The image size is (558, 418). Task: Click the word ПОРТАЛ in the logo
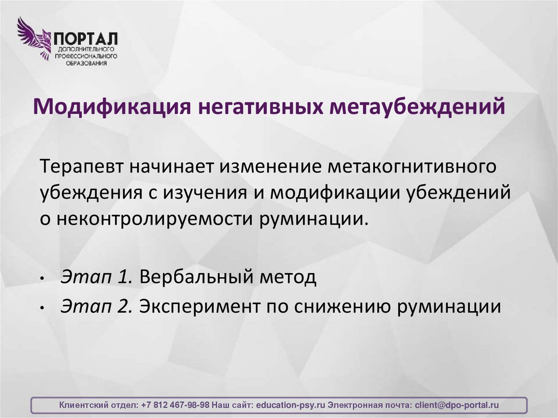point(84,39)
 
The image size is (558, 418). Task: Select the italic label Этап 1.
point(96,277)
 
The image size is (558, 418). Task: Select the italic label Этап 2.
point(96,307)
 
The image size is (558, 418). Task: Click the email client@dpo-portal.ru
point(457,405)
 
